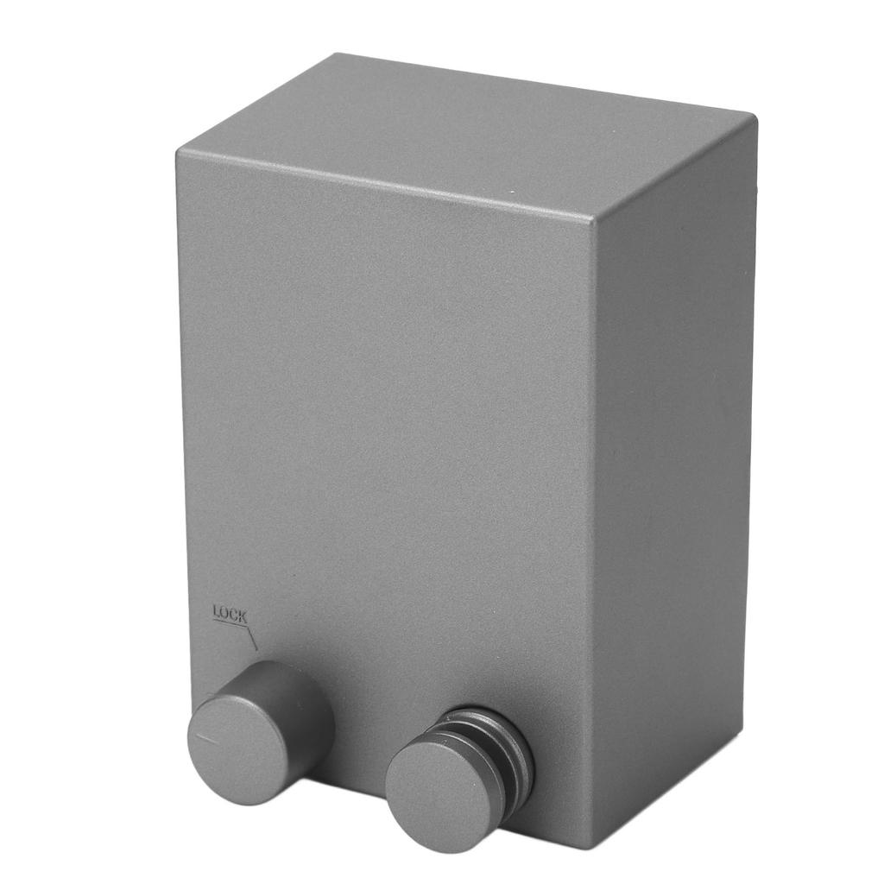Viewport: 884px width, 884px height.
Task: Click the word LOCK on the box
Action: tap(230, 614)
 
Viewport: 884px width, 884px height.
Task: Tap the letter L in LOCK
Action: tap(216, 611)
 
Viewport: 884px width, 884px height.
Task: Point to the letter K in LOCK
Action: tap(243, 616)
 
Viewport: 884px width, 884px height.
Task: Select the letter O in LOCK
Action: tap(224, 613)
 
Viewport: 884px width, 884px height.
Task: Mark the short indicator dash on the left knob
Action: tap(206, 737)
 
